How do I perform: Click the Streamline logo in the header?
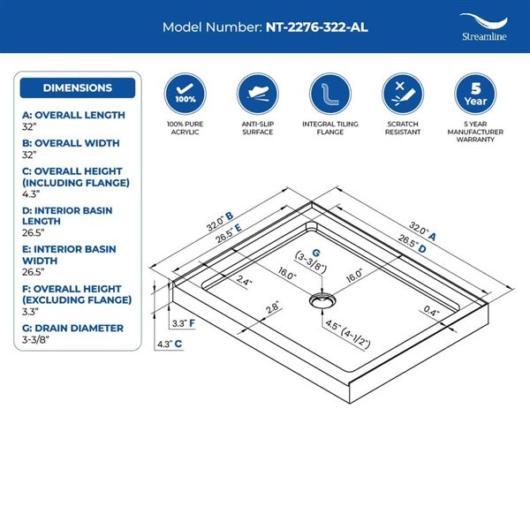tap(484, 27)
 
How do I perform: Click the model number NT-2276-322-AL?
tap(317, 27)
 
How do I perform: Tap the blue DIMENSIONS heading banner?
tap(78, 87)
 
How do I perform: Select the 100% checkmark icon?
tap(185, 94)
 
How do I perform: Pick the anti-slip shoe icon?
tap(258, 94)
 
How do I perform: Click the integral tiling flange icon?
tap(330, 94)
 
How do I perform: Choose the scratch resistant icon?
tap(403, 94)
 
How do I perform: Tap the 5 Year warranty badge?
tap(475, 94)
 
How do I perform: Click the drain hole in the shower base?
tap(322, 300)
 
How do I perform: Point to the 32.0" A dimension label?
tap(422, 231)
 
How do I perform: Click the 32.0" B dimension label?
tap(220, 222)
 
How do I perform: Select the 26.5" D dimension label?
tap(412, 244)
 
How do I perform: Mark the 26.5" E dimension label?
tap(229, 233)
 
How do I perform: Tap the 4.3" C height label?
tap(170, 344)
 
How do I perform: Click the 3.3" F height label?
tap(183, 323)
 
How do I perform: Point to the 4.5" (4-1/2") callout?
tap(348, 334)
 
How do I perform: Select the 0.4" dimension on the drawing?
tap(431, 311)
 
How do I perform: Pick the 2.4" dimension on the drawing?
tap(244, 281)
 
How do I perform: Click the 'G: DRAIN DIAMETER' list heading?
tap(72, 329)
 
